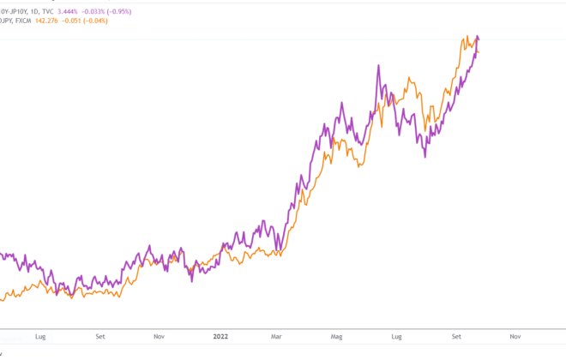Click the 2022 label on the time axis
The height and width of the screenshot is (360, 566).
[221, 337]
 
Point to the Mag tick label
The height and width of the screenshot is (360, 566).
[336, 337]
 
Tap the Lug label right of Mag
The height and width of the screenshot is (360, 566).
[396, 337]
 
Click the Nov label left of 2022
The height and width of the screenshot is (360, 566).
[158, 337]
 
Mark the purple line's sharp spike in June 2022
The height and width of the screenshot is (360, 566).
[378, 65]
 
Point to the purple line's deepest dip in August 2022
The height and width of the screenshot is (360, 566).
[426, 157]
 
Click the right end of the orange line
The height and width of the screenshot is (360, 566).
[479, 53]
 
